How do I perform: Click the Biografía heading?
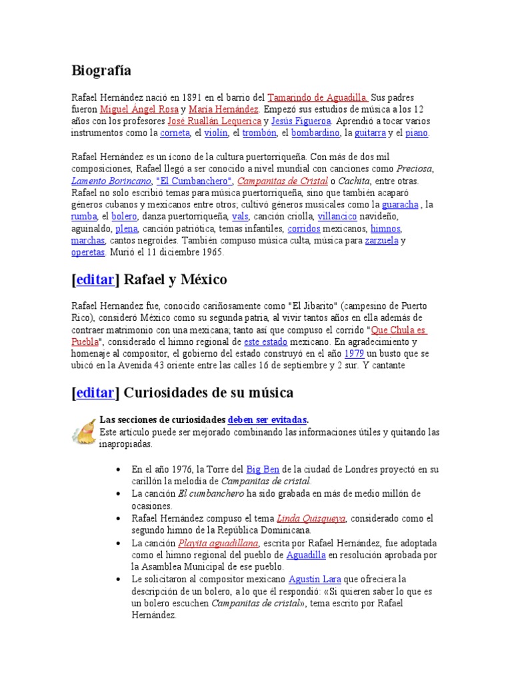[x=101, y=71]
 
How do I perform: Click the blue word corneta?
[x=175, y=133]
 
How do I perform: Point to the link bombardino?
[x=315, y=133]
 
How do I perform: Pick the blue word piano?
[x=416, y=133]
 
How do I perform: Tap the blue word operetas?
[x=88, y=253]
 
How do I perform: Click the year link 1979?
[x=355, y=354]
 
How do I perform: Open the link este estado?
[x=266, y=341]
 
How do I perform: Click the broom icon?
[x=83, y=430]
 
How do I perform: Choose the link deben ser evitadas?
[x=267, y=420]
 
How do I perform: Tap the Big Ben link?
[x=263, y=469]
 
